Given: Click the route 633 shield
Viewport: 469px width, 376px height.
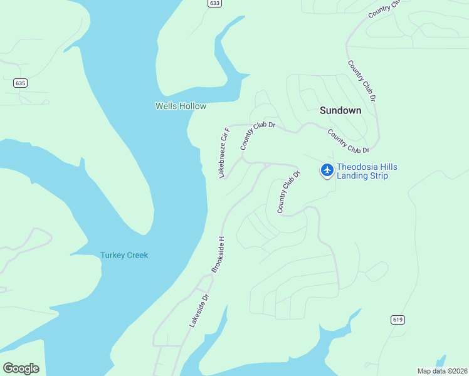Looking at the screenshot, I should click(x=215, y=3).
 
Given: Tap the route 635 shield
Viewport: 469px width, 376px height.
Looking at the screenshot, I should click(x=20, y=83).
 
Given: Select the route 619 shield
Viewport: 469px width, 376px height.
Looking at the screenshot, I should click(x=397, y=320).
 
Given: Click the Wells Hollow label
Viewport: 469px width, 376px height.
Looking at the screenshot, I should click(x=181, y=107).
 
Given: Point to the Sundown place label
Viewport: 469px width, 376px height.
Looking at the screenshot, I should click(x=340, y=110).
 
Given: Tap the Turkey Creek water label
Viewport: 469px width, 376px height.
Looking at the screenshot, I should click(x=124, y=255).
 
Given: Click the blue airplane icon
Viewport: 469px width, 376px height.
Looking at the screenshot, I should click(x=327, y=170).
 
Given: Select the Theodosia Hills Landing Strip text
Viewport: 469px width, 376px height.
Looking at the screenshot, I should click(x=367, y=171).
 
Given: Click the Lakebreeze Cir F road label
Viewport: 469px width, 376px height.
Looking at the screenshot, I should click(x=224, y=152).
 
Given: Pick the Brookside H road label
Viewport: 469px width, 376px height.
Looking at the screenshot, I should click(x=217, y=254).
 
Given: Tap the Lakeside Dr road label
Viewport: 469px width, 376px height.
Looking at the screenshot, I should click(x=199, y=310).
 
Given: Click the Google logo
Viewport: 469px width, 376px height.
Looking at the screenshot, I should click(x=21, y=368).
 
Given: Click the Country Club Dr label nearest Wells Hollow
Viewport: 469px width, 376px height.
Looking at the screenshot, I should click(x=257, y=135).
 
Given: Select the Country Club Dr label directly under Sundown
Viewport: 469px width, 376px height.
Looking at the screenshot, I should click(x=349, y=141).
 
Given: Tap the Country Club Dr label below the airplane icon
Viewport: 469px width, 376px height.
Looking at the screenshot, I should click(x=285, y=192).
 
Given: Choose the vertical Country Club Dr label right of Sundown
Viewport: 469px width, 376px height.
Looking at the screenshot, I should click(x=362, y=81).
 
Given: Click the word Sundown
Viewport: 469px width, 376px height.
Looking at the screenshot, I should click(x=340, y=110).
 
